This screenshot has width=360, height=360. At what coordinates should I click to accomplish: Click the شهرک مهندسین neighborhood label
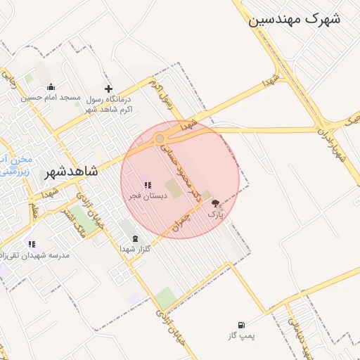tap(294, 19)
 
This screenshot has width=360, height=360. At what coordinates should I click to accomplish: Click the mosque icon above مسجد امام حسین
tap(51, 88)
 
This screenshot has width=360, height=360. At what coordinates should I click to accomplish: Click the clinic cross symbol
tap(108, 89)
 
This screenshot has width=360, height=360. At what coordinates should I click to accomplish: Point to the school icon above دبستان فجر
tap(148, 186)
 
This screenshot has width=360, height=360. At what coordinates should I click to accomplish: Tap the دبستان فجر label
tap(148, 195)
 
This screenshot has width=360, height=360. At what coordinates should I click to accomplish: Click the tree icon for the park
tap(215, 202)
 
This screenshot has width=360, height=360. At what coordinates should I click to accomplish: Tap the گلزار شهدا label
tap(131, 249)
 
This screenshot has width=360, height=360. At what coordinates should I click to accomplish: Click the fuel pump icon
tap(242, 325)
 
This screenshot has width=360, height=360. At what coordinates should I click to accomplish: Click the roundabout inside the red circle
tap(160, 139)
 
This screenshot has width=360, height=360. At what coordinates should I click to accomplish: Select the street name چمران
tap(181, 224)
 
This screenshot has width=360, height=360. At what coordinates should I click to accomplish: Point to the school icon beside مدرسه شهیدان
tap(31, 244)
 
